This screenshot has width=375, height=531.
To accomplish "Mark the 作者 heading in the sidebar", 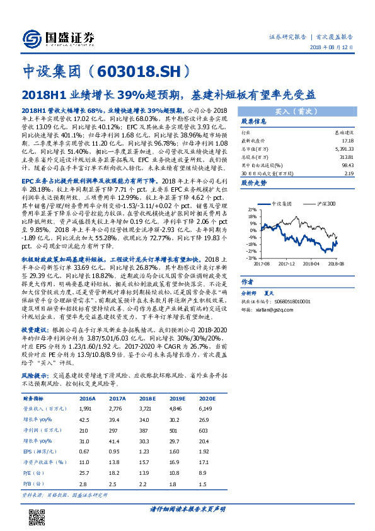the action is pos(248,283).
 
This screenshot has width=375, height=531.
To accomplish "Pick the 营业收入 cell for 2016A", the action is pos(86,409).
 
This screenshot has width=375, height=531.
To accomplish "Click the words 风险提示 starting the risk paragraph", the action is pos(37,374).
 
